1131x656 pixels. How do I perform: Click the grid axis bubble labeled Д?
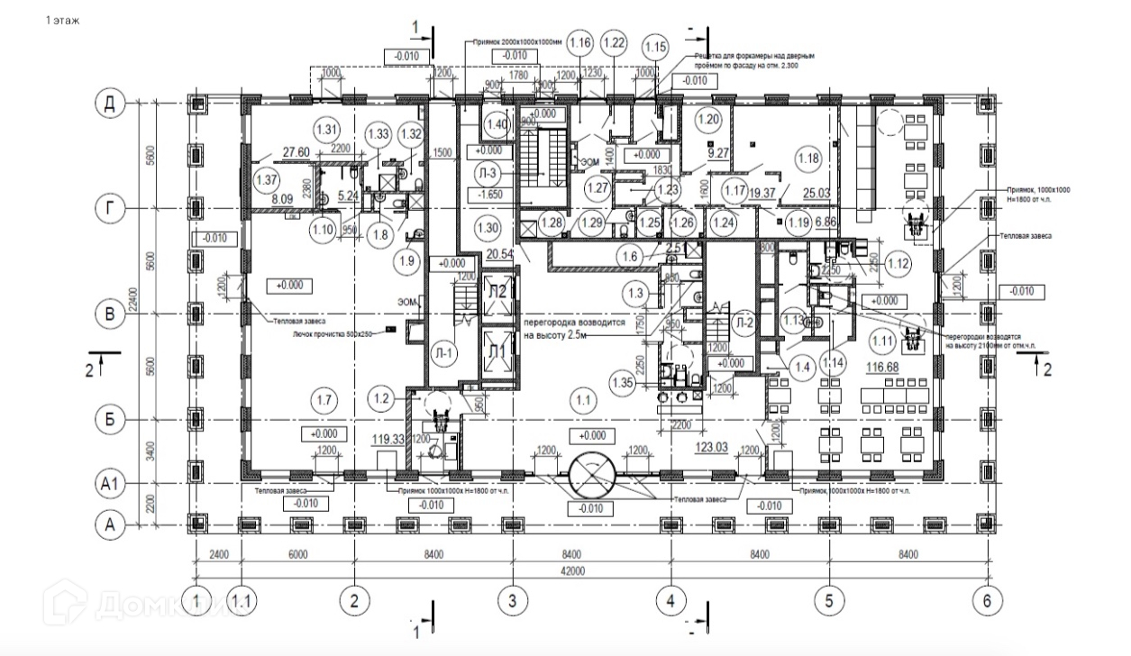tap(109, 104)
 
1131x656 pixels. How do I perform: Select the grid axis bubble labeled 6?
tap(987, 600)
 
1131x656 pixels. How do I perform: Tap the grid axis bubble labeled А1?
tap(109, 485)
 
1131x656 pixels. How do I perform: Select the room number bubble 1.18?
tap(808, 159)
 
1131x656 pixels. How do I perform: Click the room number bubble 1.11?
tap(883, 340)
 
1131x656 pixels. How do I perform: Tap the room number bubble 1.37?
tap(265, 178)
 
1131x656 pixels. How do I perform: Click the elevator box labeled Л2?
tap(497, 290)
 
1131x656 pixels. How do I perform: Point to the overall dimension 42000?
tap(588, 571)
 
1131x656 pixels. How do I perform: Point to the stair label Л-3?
tap(489, 172)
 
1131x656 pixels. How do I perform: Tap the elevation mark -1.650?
tap(489, 194)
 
